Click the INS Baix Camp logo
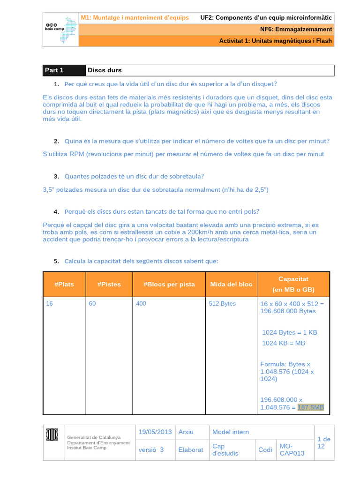coord(60,29)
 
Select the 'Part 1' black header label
coord(54,70)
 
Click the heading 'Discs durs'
coord(105,70)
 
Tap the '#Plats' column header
coord(64,284)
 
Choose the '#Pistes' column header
coord(109,284)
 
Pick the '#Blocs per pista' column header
coord(169,284)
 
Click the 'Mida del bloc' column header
coord(231,284)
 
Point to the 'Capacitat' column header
coord(293,279)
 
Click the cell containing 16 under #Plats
coord(50,304)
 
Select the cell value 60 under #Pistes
coord(92,304)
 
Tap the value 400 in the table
coord(141,304)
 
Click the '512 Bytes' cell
coord(223,304)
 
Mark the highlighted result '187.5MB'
coord(311,407)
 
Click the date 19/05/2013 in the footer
coord(155,432)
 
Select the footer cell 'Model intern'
coord(231,432)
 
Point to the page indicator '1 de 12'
coord(324,442)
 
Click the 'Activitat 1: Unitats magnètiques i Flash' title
coord(276,41)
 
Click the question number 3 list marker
coord(56,177)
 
